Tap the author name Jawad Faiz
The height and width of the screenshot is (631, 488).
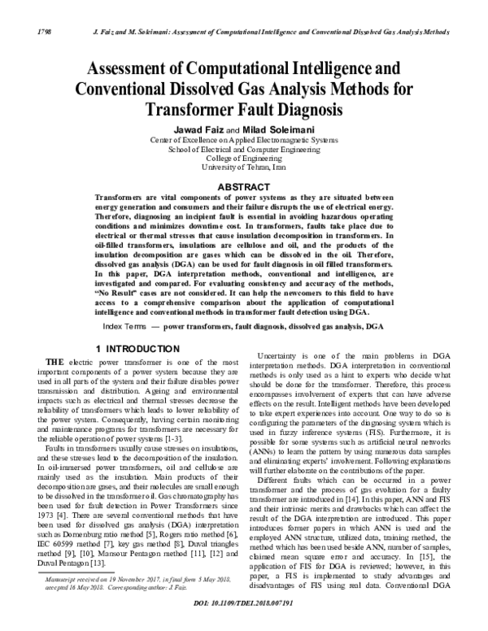[x=198, y=128]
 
